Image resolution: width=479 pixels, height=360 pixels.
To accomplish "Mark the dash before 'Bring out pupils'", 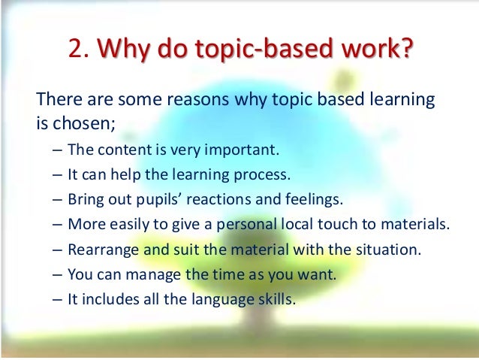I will [58, 199].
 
